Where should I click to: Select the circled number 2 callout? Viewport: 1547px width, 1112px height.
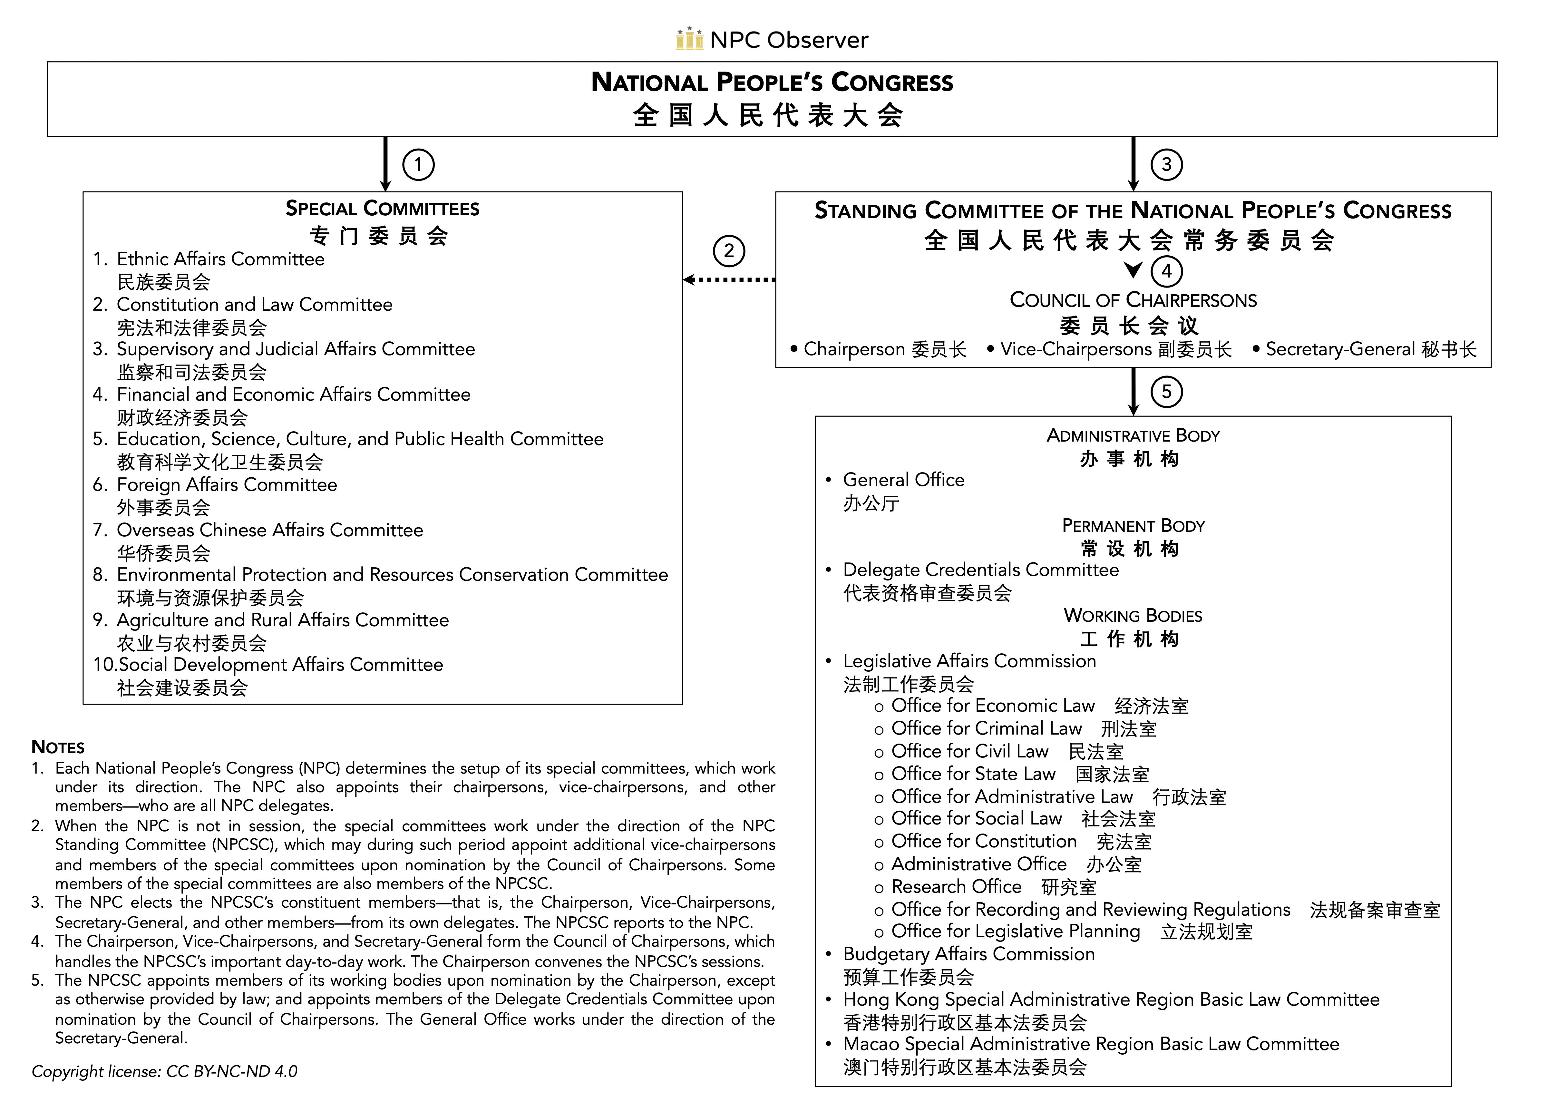click(728, 251)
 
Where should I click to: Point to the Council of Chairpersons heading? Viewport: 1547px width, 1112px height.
click(1133, 300)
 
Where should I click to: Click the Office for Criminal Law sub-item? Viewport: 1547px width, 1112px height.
click(986, 728)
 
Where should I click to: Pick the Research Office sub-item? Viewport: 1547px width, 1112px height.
click(956, 887)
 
